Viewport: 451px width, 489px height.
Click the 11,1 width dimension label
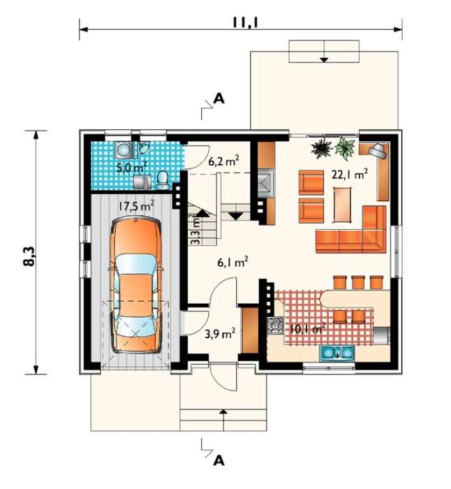246,22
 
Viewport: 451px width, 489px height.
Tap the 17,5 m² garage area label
136,206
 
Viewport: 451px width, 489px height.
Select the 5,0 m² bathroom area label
131,167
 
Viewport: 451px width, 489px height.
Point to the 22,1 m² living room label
350,175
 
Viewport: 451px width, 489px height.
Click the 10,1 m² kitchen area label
308,328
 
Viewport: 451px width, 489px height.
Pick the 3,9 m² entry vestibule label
220,334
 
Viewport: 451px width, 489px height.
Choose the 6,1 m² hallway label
232,263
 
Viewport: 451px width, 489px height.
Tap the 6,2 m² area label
224,161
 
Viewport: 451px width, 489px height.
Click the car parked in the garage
135,286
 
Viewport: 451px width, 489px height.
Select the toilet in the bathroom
162,180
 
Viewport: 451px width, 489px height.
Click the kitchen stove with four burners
275,326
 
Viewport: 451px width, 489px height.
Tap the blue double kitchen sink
337,353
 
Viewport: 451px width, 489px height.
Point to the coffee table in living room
343,205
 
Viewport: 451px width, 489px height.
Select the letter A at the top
219,99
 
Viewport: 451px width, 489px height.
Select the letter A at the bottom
219,460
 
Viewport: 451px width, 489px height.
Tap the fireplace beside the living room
266,183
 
